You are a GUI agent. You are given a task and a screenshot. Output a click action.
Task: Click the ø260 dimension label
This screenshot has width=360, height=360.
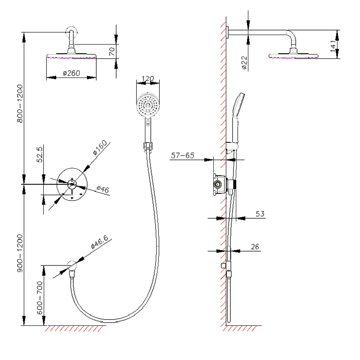(72, 73)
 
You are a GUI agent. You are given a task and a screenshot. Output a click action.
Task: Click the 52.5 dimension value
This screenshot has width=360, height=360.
(39, 154)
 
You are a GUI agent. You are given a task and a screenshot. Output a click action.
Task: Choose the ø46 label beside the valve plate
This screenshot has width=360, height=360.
(103, 190)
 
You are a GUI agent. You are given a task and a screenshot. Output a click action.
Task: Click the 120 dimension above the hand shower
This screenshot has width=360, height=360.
(148, 79)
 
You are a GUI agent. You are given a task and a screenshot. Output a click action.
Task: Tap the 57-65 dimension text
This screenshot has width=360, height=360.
(182, 156)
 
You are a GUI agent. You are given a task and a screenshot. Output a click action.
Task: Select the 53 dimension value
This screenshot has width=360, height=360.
(260, 214)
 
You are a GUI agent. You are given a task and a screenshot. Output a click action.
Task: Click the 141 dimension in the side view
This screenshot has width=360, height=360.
(333, 45)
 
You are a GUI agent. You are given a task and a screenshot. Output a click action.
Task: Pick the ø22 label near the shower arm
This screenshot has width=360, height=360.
(243, 63)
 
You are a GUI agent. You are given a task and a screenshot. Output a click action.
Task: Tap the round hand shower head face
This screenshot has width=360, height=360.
(147, 105)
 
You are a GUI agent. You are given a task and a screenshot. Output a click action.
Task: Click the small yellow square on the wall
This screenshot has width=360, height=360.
(222, 265)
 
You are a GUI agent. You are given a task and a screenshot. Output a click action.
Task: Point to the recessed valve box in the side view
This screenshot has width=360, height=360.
(218, 184)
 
